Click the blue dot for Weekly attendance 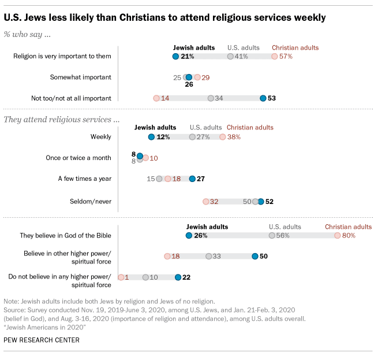[151, 137]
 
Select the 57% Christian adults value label [286, 57]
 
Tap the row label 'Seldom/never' [95, 201]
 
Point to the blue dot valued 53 [263, 98]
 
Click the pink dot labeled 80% [338, 236]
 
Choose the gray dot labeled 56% [272, 236]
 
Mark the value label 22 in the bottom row [186, 277]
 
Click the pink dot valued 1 [121, 277]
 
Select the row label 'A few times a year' [85, 179]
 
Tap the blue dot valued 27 [193, 179]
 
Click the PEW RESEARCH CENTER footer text [42, 340]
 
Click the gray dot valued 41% [230, 57]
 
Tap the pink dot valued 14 [156, 98]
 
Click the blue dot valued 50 [255, 256]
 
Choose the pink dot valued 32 [206, 201]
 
